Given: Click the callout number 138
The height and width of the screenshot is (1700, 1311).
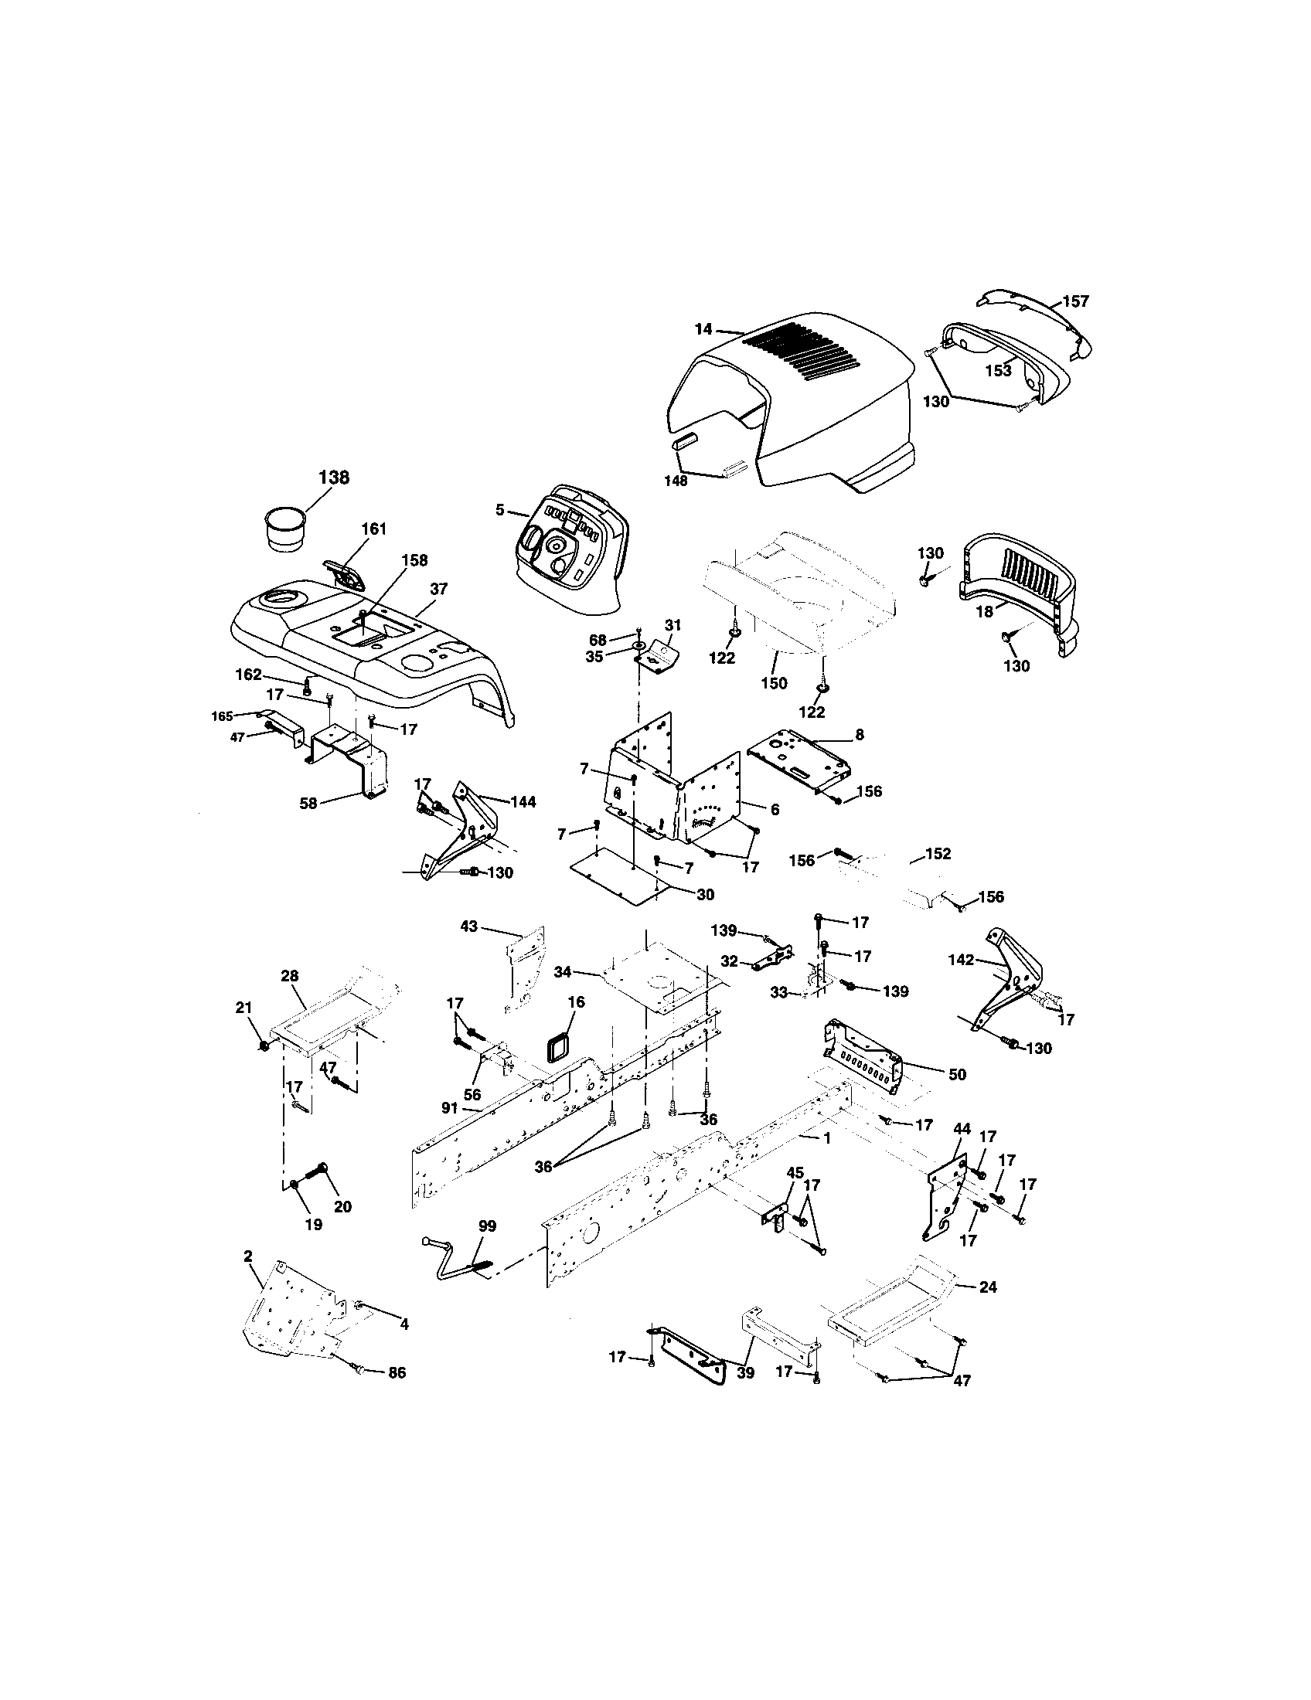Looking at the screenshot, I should [x=334, y=477].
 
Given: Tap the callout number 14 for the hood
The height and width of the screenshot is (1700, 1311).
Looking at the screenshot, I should [x=703, y=329].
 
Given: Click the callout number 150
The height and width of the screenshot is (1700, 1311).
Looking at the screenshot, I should [x=774, y=682].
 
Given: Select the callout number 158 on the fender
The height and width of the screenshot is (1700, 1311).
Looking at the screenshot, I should [x=414, y=560].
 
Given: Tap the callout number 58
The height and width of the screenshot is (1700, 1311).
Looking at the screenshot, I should [x=309, y=804].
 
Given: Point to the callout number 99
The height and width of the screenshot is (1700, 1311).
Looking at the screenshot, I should [x=487, y=1226].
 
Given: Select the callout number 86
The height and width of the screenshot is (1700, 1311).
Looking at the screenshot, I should [x=397, y=1373].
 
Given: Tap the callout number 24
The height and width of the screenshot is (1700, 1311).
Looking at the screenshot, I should [x=987, y=1287].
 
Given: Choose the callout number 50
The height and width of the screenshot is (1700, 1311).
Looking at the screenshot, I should [x=957, y=1075].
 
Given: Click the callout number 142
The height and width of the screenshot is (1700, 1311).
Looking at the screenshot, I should [x=961, y=960].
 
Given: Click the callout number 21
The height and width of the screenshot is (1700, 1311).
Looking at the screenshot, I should [x=243, y=1008].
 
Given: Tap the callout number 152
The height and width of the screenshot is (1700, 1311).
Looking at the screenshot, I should [x=938, y=854].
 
